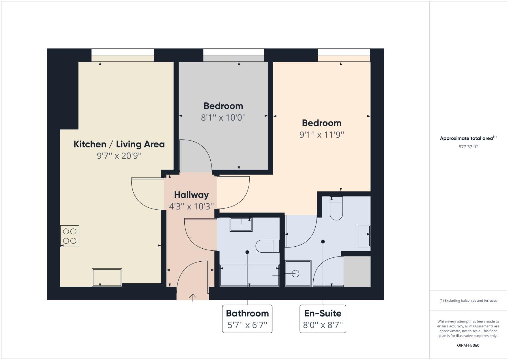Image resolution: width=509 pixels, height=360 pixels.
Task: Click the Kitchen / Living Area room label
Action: (119, 144)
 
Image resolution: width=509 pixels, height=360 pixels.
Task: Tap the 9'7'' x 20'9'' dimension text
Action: (119, 156)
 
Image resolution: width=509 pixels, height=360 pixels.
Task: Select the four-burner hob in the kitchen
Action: (70, 236)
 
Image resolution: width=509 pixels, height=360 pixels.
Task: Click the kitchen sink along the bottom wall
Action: (107, 277)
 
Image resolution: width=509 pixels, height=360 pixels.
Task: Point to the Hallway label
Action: (191, 195)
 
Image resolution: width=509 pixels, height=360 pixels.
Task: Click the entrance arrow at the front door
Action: (193, 297)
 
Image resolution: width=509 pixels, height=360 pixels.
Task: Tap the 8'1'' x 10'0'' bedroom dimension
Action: (223, 117)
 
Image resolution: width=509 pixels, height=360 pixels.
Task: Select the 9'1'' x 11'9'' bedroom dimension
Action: (321, 135)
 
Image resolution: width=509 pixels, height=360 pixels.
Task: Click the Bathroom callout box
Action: (247, 319)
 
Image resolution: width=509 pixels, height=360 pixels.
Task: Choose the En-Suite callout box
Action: (323, 319)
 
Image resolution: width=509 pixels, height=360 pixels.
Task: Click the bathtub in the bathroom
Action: (249, 275)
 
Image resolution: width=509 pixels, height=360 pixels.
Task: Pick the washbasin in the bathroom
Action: (241, 224)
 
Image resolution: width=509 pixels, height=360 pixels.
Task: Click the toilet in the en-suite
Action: (336, 208)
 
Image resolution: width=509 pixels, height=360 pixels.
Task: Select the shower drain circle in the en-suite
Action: (295, 274)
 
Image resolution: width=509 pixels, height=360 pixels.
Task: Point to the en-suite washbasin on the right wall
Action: (363, 236)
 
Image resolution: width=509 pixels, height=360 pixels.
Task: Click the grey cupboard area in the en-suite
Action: (357, 271)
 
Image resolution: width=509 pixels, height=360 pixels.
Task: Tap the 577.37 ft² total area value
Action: (468, 147)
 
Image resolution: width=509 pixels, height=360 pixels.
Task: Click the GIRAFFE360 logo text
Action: (468, 345)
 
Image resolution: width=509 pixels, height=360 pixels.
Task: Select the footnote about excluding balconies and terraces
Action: (468, 300)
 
